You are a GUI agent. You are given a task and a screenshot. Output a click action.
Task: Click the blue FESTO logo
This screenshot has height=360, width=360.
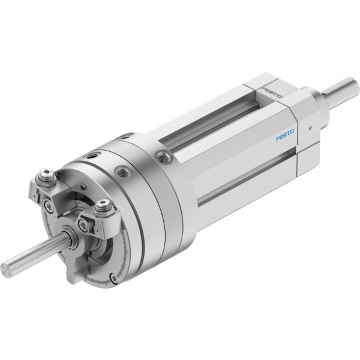click(284, 136)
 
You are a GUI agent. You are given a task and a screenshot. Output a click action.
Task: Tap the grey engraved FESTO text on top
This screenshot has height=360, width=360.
click(272, 92)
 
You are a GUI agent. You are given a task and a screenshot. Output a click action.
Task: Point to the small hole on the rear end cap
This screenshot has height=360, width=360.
click(310, 128)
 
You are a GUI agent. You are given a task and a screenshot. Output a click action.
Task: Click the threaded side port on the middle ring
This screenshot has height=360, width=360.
click(123, 172)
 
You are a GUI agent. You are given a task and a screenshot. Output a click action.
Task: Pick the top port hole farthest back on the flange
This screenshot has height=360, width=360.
click(125, 137)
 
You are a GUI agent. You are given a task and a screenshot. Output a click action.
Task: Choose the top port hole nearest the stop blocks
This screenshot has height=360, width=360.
click(92, 157)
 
